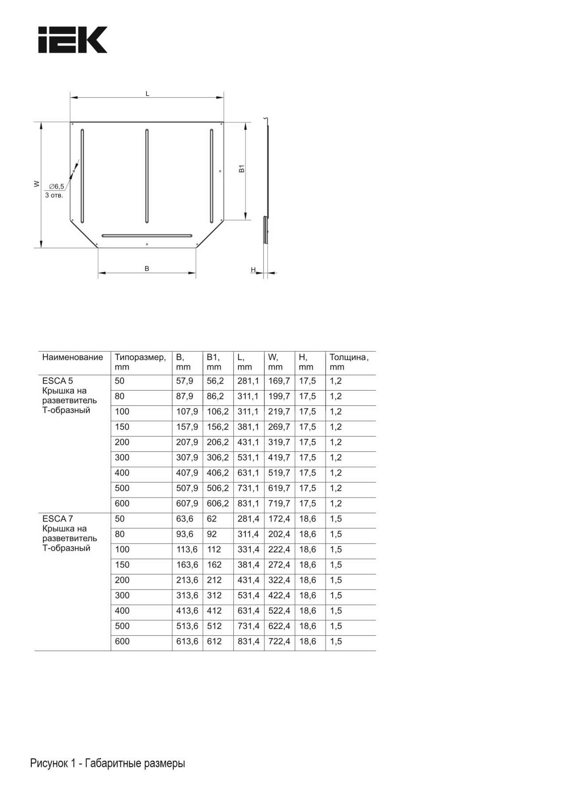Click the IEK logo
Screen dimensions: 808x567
point(73,40)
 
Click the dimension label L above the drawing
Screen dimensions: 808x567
point(148,94)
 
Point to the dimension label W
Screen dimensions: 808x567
point(37,184)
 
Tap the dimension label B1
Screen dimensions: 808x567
point(242,169)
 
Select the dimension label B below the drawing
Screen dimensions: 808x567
point(147,269)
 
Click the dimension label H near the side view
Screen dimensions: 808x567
point(253,270)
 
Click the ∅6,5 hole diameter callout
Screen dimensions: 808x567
point(56,186)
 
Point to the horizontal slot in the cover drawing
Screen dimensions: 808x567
point(147,235)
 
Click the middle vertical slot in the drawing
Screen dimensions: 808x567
point(147,176)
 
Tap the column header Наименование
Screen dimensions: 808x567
point(73,358)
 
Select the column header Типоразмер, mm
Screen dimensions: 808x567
point(140,362)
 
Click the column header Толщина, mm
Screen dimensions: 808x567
point(349,362)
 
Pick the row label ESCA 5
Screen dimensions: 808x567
point(58,381)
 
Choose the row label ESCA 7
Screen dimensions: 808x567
point(58,519)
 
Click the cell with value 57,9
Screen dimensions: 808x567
point(185,381)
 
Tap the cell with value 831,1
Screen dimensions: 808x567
point(248,504)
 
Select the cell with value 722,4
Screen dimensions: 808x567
point(279,641)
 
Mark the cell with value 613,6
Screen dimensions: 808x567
point(187,641)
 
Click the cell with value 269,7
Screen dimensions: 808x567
point(279,427)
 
